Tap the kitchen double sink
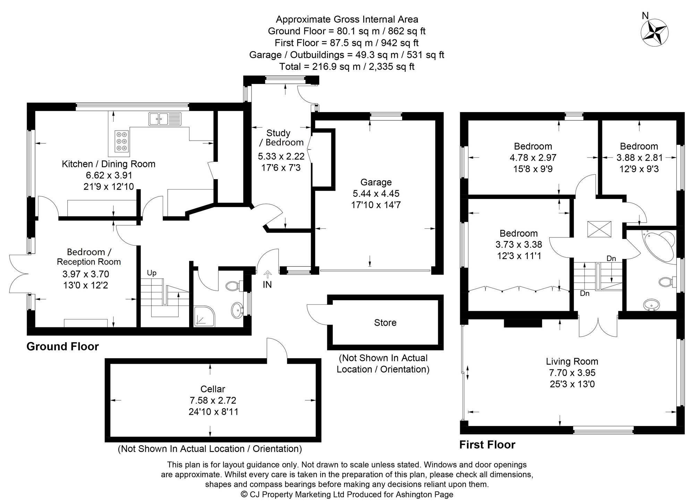(x=165, y=119)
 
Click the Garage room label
(x=376, y=182)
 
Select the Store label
(x=385, y=323)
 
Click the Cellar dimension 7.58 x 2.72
(x=213, y=400)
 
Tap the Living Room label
(x=572, y=361)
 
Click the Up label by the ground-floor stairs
(x=152, y=273)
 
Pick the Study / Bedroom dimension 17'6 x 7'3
(x=280, y=168)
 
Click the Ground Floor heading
(x=62, y=346)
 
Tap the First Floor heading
(x=487, y=445)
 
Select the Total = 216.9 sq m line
(x=347, y=66)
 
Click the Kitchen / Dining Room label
(x=108, y=164)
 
